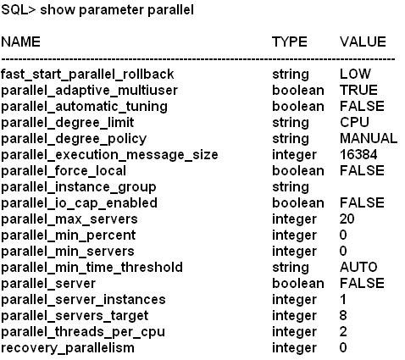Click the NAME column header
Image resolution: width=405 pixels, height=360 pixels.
(x=20, y=42)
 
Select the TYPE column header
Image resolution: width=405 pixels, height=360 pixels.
(x=290, y=42)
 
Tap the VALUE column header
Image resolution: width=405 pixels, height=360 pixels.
(x=363, y=42)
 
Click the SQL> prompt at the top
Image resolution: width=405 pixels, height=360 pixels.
(x=19, y=10)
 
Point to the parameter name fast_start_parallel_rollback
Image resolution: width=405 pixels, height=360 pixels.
(x=87, y=75)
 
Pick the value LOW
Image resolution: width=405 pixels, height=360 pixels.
(x=355, y=74)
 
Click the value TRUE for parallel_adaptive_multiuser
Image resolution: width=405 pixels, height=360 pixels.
(x=358, y=90)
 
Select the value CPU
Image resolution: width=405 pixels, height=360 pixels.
(x=354, y=122)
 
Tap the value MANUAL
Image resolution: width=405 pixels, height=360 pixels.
(x=369, y=138)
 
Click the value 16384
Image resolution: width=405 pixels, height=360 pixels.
(x=358, y=154)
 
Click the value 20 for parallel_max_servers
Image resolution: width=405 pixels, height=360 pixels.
(x=347, y=219)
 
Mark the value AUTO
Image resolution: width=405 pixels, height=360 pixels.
(x=358, y=267)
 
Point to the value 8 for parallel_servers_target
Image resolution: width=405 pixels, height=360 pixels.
(x=343, y=315)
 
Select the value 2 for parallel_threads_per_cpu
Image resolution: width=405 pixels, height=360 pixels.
(x=343, y=331)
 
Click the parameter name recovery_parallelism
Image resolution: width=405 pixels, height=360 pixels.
(x=68, y=348)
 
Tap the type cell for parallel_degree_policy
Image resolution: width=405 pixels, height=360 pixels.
(x=291, y=139)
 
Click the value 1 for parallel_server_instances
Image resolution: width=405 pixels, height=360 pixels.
(x=343, y=299)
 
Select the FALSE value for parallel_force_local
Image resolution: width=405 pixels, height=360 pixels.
(x=362, y=170)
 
